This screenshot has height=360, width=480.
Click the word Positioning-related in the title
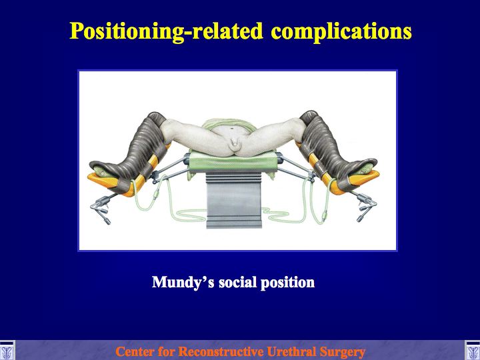pos(166,32)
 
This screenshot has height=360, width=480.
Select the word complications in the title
pos(341,32)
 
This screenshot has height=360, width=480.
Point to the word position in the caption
pos(287,282)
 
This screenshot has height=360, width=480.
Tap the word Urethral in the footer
pos(291,351)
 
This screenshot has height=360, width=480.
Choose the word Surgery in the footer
pos(342,352)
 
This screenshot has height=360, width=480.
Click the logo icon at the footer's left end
pos(7,350)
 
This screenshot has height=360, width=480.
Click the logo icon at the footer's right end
pos(473,350)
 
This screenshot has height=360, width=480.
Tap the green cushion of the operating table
pos(233,161)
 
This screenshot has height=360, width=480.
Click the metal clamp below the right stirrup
pos(365,206)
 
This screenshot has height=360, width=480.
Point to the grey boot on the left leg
pos(135,153)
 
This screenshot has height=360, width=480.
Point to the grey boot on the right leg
pos(334,150)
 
